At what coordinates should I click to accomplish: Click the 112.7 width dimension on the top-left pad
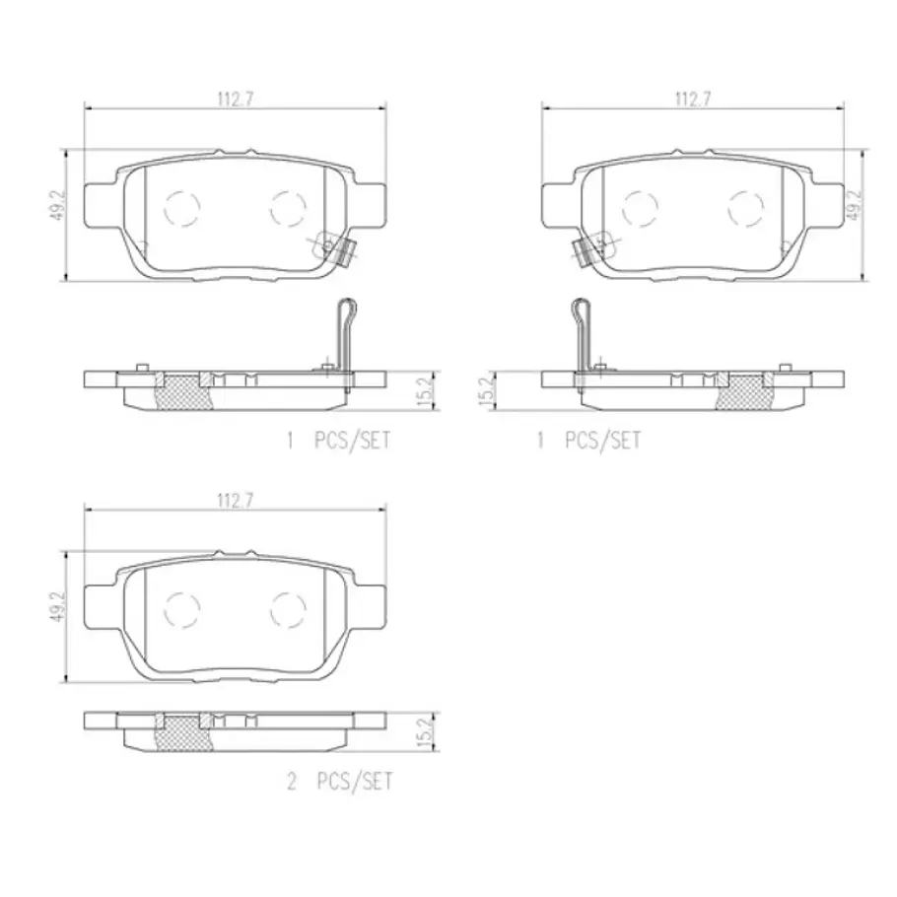[x=235, y=99]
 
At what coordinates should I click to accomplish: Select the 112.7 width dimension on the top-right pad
[x=693, y=99]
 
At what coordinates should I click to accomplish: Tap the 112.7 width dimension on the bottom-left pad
[x=235, y=501]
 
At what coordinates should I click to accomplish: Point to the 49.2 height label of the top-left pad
[x=59, y=206]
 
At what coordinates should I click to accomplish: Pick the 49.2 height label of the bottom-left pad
[x=59, y=607]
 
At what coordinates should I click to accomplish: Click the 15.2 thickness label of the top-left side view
[x=426, y=390]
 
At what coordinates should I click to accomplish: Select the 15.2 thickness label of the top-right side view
[x=487, y=390]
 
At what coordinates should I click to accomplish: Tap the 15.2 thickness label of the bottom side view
[x=426, y=731]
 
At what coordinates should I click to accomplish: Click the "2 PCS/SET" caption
[x=340, y=781]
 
